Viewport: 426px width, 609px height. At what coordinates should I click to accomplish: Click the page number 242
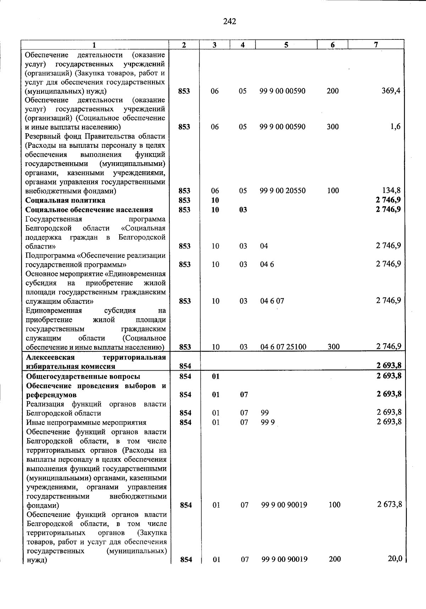pos(230,22)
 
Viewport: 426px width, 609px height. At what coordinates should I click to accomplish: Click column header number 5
pos(286,44)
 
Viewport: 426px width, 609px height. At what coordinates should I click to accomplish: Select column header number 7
pos(376,44)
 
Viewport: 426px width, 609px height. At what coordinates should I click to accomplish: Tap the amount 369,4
pos(391,91)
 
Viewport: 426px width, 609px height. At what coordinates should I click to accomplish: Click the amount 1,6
pos(395,127)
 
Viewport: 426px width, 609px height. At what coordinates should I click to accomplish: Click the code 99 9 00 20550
pos(283,191)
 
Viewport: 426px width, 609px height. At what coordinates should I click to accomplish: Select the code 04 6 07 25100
pos(283,347)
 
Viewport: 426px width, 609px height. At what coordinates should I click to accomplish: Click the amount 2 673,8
pos(389,505)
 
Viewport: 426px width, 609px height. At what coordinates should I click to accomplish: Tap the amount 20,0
pos(395,559)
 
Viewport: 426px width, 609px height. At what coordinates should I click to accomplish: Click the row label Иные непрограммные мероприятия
pos(86,422)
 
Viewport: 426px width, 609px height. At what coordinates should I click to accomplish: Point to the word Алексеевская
pos(50,357)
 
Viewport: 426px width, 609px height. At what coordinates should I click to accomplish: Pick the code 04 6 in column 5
pos(267,264)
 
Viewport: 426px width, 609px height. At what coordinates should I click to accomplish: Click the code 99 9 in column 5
pos(268,422)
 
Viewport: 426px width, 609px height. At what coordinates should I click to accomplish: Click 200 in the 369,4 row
pos(333,91)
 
